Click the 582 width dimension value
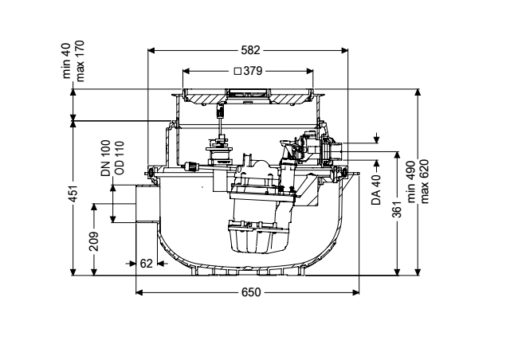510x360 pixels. [x=250, y=50]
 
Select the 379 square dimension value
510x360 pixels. [x=253, y=71]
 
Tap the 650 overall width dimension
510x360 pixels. [x=251, y=292]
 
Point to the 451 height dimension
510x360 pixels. [x=73, y=194]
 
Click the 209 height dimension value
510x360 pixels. [x=94, y=241]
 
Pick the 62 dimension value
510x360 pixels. [x=146, y=264]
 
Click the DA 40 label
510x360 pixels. [x=376, y=190]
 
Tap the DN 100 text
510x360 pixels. [x=106, y=158]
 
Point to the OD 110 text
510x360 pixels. [x=120, y=158]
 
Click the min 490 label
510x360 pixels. [x=411, y=182]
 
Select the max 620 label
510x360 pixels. [x=425, y=182]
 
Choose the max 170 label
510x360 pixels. [x=80, y=61]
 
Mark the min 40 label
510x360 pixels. [x=66, y=61]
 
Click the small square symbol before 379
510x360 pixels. [x=237, y=71]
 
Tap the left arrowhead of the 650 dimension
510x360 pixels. [x=139, y=292]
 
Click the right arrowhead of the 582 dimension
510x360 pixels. [x=344, y=50]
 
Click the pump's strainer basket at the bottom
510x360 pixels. [x=259, y=237]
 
